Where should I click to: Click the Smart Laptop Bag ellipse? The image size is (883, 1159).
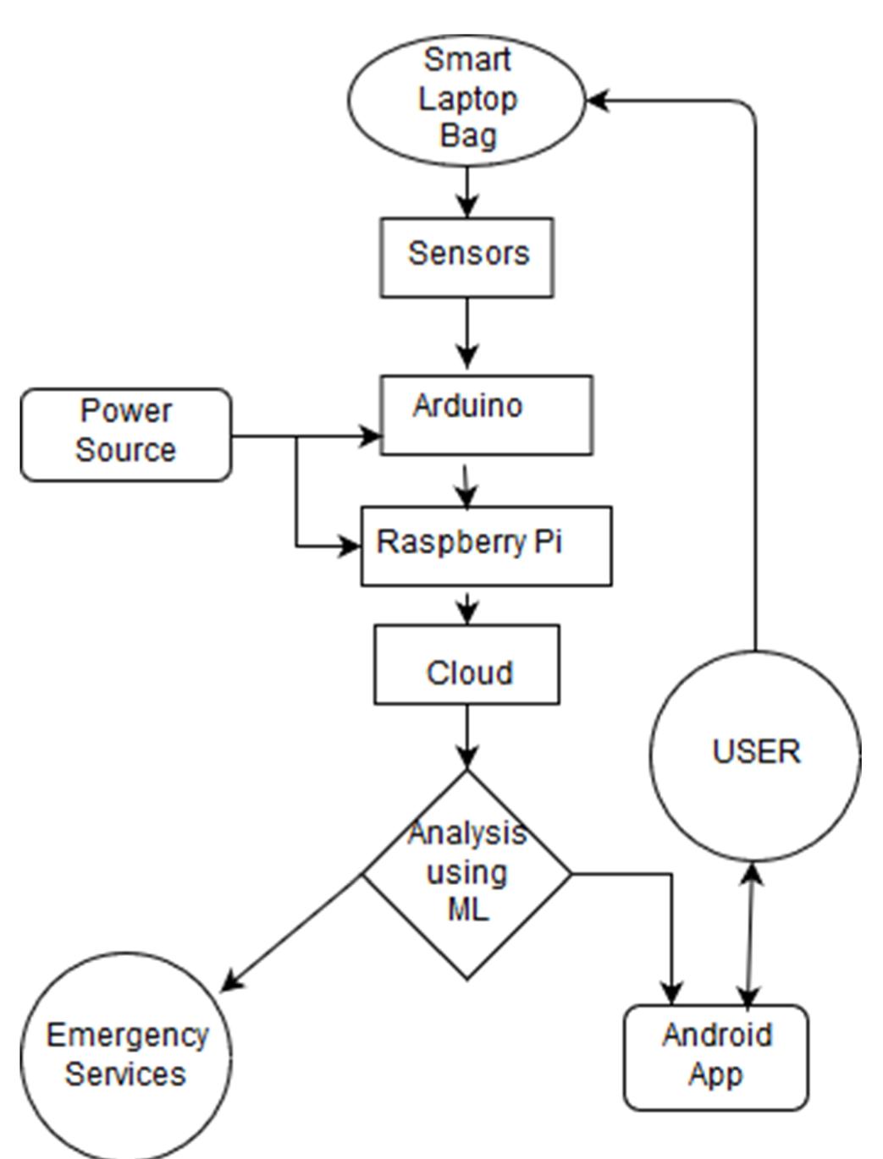coord(466,99)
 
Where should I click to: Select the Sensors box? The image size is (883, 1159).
coord(466,256)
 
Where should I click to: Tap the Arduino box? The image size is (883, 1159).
coord(486,415)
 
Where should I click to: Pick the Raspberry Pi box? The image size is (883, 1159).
coord(486,546)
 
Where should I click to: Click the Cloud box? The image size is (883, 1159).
coord(466,665)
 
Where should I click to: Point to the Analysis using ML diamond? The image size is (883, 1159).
coord(467,874)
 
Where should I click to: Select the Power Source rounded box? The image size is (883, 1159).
coord(125,435)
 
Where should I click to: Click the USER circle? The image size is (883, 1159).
coord(755,755)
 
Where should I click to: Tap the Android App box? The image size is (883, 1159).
coord(716,1057)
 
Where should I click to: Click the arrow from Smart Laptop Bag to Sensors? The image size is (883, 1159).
coord(467,191)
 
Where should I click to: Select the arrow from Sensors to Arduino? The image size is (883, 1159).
coord(467,334)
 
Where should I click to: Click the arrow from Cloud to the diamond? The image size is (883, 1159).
coord(467,736)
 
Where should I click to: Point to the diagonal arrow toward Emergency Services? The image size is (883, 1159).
coord(292,931)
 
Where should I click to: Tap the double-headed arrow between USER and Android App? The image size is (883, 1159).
coord(749,935)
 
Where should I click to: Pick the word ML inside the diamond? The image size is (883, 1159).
coord(467,909)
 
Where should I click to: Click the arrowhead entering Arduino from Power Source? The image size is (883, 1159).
coord(371,437)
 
